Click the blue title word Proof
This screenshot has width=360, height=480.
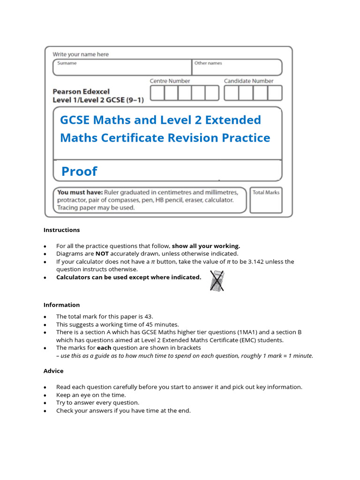(79, 172)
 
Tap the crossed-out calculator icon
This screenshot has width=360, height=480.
(216, 280)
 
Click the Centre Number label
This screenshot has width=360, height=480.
(170, 81)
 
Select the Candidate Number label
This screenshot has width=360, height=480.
(248, 81)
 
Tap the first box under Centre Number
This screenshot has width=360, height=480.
(157, 93)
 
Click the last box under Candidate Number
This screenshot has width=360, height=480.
(275, 93)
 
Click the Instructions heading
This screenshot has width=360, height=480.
(61, 230)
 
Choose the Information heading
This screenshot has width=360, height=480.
(61, 305)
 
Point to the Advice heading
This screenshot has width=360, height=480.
(53, 371)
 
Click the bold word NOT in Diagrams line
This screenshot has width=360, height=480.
(102, 254)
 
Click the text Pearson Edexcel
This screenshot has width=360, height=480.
(81, 92)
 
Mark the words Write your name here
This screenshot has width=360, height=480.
(80, 54)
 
